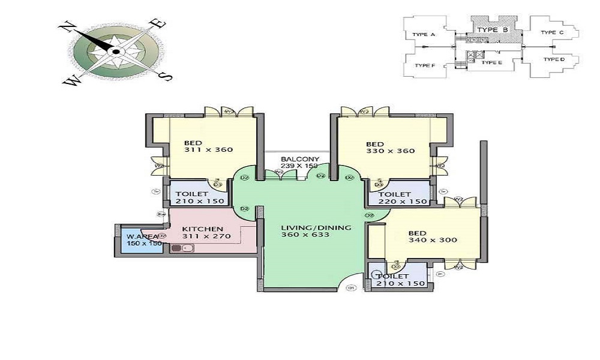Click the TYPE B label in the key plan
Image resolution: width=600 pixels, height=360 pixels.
493,29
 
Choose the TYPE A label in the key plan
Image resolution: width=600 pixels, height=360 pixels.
424,35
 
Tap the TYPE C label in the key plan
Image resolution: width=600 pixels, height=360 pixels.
552,32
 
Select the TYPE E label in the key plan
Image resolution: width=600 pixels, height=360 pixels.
492,62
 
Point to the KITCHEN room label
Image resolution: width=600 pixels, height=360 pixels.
203,229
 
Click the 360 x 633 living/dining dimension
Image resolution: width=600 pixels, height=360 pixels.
306,235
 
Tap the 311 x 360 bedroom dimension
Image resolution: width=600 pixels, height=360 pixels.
208,150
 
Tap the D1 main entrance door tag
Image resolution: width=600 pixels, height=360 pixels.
352,287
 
